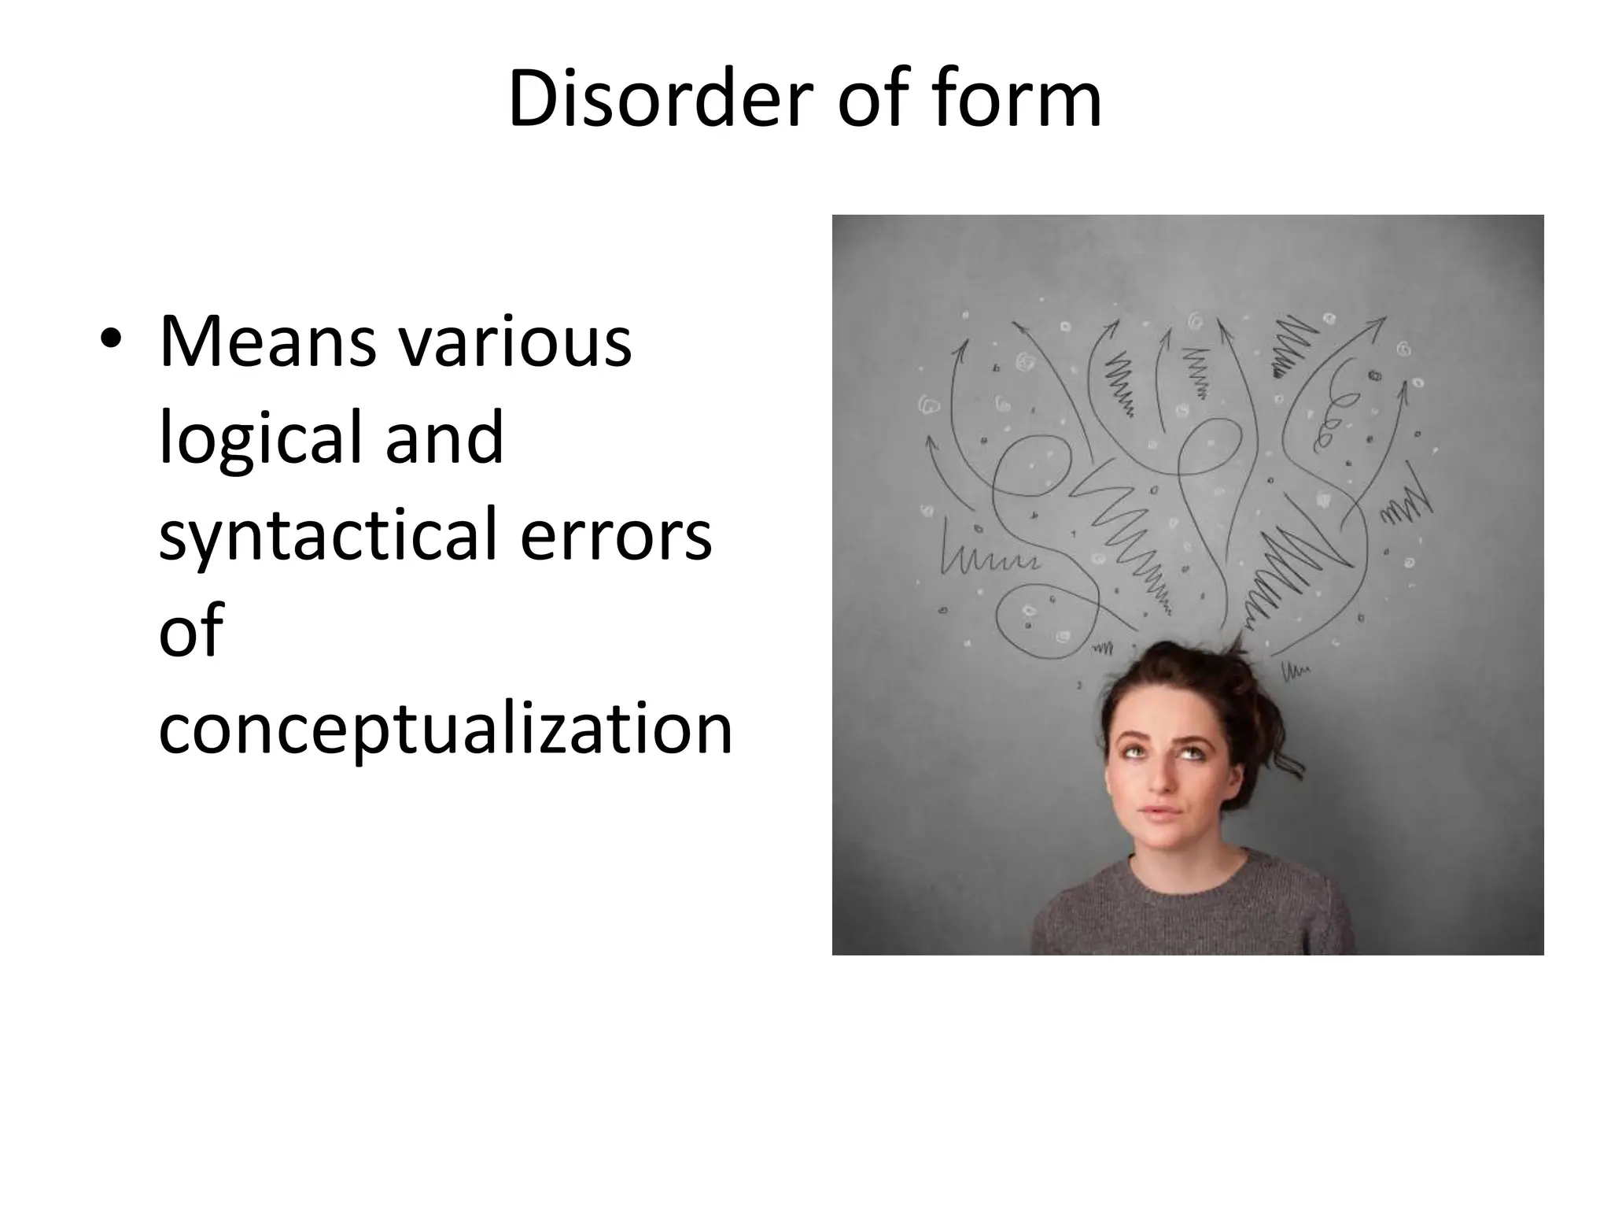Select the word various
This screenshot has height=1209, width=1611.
pyautogui.click(x=514, y=342)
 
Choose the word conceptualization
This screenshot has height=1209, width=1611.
pyautogui.click(x=445, y=728)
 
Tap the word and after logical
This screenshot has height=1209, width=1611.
pyautogui.click(x=444, y=438)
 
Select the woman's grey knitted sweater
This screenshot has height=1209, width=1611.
pyautogui.click(x=1188, y=913)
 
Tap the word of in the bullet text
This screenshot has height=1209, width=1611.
pyautogui.click(x=191, y=631)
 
